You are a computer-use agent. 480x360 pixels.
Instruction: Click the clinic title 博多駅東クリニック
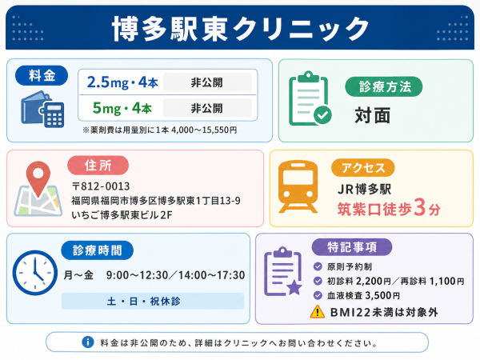241,29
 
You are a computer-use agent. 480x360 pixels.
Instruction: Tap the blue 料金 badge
42,75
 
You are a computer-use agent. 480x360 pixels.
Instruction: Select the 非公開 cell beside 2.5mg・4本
207,82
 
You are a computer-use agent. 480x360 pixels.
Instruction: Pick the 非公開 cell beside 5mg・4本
207,108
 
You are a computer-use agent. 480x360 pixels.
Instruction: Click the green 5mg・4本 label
122,108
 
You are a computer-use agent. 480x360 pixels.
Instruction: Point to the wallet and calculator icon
42,110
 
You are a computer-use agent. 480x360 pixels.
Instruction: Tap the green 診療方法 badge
384,86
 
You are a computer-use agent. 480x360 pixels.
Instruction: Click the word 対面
373,115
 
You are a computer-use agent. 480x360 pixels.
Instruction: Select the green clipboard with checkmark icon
310,98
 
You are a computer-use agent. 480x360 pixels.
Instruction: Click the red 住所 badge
98,166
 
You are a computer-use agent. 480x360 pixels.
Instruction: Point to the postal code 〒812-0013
101,186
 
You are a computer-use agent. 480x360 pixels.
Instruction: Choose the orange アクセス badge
362,168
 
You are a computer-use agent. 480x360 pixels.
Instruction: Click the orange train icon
298,186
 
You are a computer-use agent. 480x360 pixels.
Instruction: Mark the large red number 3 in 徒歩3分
419,207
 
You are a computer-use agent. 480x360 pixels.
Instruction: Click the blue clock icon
35,273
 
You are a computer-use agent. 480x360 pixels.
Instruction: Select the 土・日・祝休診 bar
153,302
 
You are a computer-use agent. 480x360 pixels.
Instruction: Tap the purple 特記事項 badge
352,247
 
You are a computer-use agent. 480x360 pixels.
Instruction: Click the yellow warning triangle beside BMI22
318,312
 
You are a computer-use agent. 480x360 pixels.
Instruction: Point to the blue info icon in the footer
88,342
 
